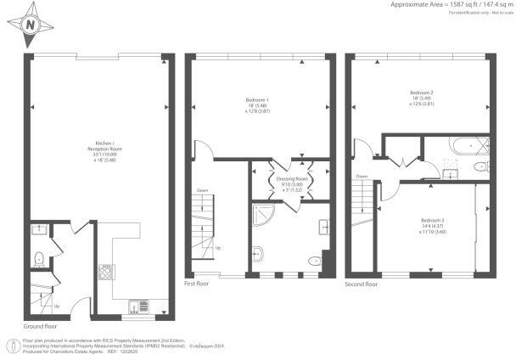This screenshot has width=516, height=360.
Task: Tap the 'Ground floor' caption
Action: tap(39, 326)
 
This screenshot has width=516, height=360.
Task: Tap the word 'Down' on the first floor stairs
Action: tap(201, 190)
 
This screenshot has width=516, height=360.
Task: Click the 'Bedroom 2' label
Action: tap(421, 93)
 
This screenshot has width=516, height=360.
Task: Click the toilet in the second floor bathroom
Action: tap(485, 145)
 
